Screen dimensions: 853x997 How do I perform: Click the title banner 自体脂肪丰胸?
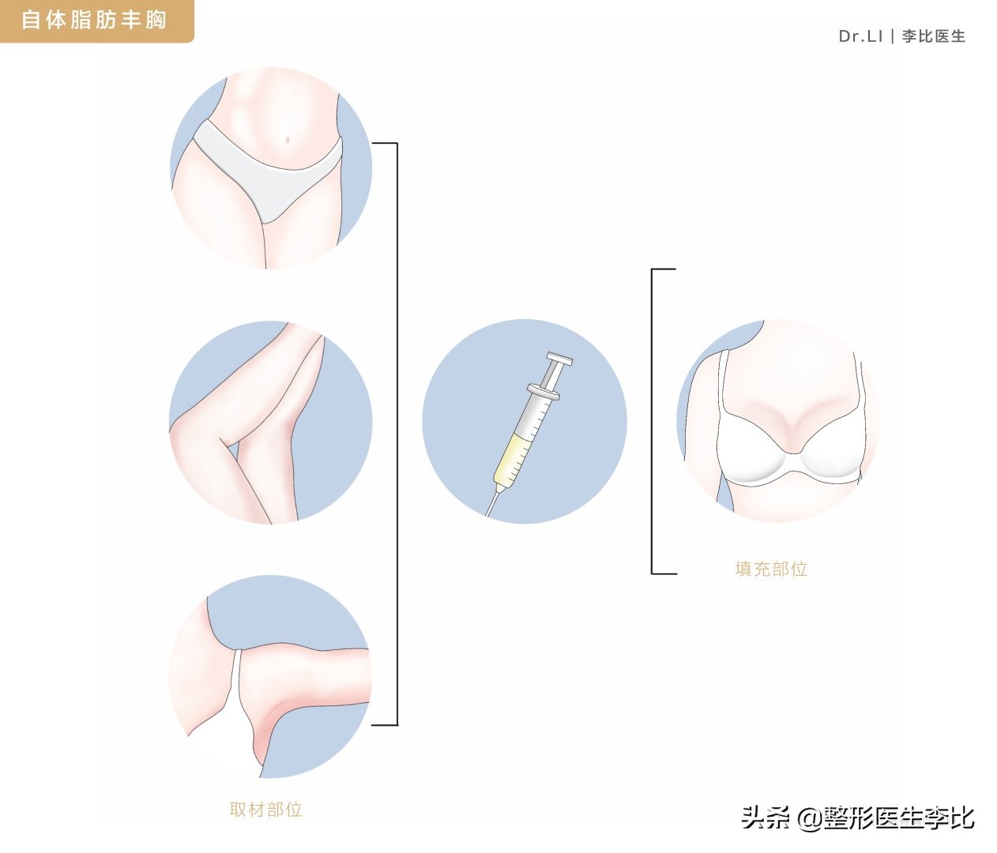point(94,20)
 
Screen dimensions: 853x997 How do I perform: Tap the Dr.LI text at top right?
point(860,36)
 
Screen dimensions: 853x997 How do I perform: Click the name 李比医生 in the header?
point(934,36)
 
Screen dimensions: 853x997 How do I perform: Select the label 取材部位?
point(265,810)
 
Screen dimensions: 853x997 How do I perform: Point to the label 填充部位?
point(771,569)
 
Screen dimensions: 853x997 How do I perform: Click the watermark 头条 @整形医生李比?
point(858,817)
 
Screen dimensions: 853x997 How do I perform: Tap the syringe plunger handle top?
point(560,362)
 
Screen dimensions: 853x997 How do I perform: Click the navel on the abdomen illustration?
point(289,140)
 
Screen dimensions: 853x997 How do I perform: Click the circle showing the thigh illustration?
point(270,423)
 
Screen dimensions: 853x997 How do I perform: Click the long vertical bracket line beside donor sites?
point(397,434)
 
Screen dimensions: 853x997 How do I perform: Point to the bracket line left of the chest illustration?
point(653,421)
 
